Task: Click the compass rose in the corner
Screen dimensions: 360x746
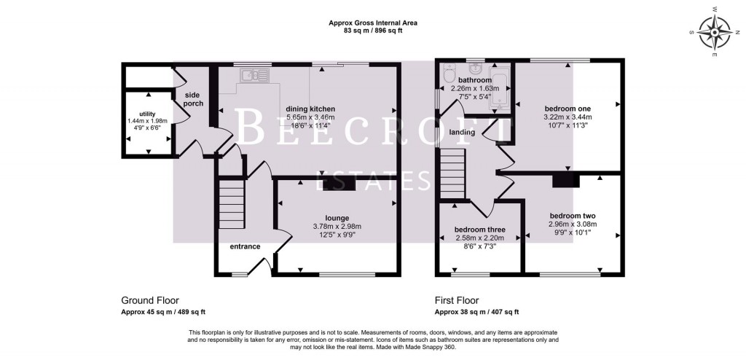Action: tap(715, 33)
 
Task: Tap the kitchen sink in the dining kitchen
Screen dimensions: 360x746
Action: tap(253, 74)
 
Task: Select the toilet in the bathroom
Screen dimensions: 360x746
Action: tap(449, 77)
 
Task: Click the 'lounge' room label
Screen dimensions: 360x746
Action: tap(337, 217)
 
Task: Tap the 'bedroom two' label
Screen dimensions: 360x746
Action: tap(573, 216)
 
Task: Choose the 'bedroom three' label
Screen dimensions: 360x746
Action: tap(480, 230)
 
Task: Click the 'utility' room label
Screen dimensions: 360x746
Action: tap(147, 114)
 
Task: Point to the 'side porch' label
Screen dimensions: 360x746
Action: tap(192, 99)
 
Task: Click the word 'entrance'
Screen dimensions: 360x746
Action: tap(245, 246)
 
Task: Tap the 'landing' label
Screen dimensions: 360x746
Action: tap(462, 132)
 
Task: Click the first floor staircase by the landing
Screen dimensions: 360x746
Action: tap(452, 173)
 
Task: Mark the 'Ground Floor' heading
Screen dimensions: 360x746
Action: tap(149, 300)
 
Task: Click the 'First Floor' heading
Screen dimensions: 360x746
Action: tap(458, 300)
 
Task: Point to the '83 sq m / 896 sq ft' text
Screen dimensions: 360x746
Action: tap(373, 31)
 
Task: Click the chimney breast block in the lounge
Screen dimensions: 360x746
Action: tap(339, 186)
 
